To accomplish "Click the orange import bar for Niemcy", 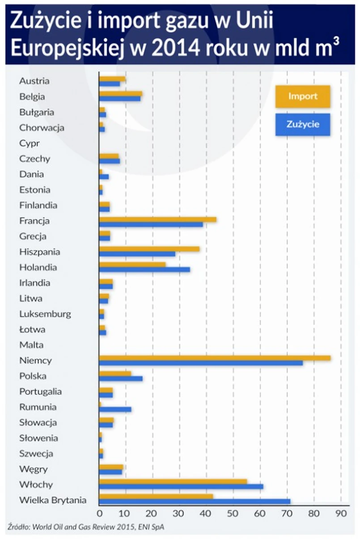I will coord(215,358).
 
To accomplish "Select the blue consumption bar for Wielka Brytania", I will coord(195,501).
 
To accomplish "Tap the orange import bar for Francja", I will coord(157,219).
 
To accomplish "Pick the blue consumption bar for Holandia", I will coord(144,269).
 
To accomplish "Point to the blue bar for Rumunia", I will coord(115,409).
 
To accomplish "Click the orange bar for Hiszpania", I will coord(149,249).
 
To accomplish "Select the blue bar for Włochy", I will coord(181,486).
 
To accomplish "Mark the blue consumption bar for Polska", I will coord(121,379).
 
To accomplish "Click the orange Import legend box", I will coord(303,97).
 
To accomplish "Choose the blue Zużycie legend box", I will coord(303,124).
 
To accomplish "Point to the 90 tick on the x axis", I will coord(341,514).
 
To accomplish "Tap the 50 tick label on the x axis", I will coord(233,514).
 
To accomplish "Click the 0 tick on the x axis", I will coord(100,514).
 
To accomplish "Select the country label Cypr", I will coord(30,143).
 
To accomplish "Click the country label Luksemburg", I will coord(45,314).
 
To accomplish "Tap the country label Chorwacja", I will coord(42,128).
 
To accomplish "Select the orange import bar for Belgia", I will coord(120,94).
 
